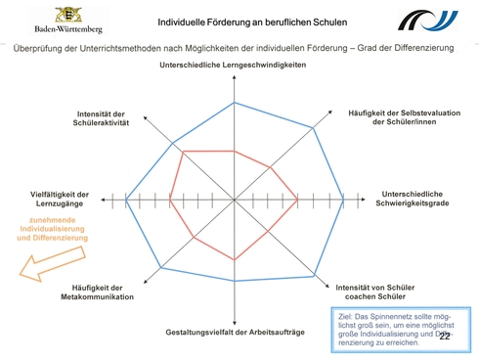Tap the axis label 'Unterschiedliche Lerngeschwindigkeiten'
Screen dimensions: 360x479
click(234, 65)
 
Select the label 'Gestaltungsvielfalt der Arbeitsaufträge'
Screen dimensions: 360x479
click(235, 335)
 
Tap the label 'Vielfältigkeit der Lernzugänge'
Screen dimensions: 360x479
click(60, 198)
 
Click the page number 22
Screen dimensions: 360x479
click(445, 337)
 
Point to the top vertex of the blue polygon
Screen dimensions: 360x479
click(234, 102)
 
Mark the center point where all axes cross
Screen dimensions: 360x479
click(235, 200)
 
